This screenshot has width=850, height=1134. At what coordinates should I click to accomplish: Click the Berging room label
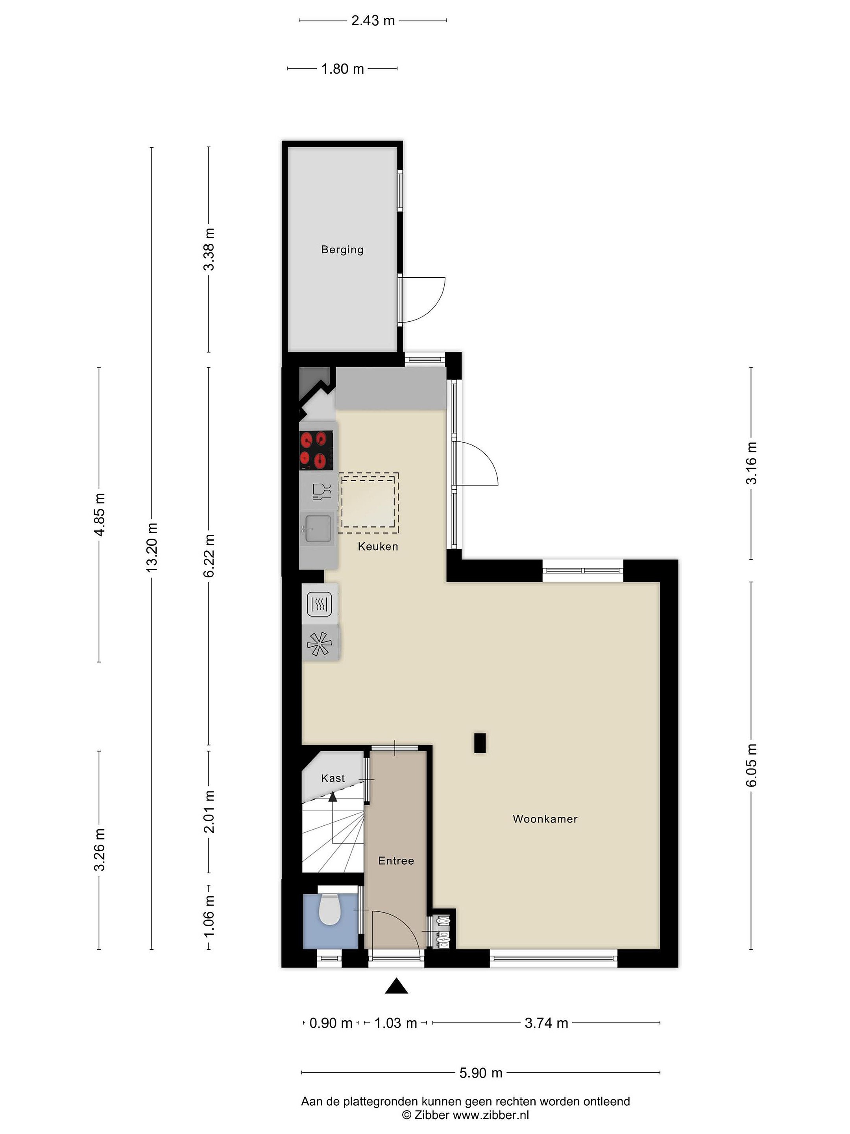(x=342, y=250)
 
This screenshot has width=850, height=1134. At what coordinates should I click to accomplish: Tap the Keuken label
(x=378, y=547)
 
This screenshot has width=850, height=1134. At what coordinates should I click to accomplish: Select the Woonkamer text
(x=545, y=819)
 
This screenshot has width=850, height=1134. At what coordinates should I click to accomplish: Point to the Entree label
(x=396, y=861)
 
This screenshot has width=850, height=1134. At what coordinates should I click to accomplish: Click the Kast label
(x=333, y=778)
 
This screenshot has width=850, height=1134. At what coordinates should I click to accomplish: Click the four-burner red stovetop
(x=316, y=450)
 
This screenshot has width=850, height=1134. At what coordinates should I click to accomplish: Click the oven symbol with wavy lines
(x=319, y=604)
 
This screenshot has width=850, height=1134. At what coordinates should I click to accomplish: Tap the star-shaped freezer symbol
(x=319, y=643)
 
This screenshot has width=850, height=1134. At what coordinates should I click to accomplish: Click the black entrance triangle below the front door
(x=397, y=986)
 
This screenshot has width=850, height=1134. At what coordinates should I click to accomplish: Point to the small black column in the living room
(x=480, y=743)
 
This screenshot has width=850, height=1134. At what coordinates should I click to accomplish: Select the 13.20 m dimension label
(x=152, y=548)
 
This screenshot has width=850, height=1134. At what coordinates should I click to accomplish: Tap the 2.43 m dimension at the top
(x=373, y=20)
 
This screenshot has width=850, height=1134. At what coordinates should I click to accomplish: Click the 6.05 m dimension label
(x=751, y=765)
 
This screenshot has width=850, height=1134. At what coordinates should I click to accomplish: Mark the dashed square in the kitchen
(x=368, y=503)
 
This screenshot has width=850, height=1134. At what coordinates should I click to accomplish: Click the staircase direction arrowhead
(x=333, y=796)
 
